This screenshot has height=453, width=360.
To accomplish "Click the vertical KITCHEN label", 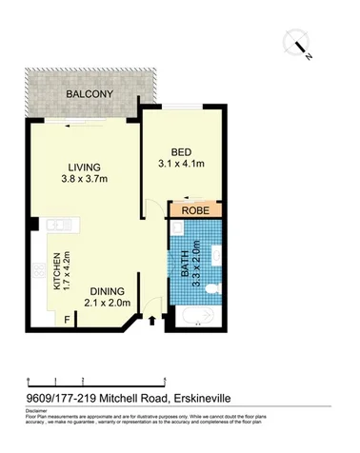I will (x=57, y=273).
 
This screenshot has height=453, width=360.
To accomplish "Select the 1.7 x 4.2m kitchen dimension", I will (x=70, y=273).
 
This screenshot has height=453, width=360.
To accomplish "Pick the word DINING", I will (x=108, y=292).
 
